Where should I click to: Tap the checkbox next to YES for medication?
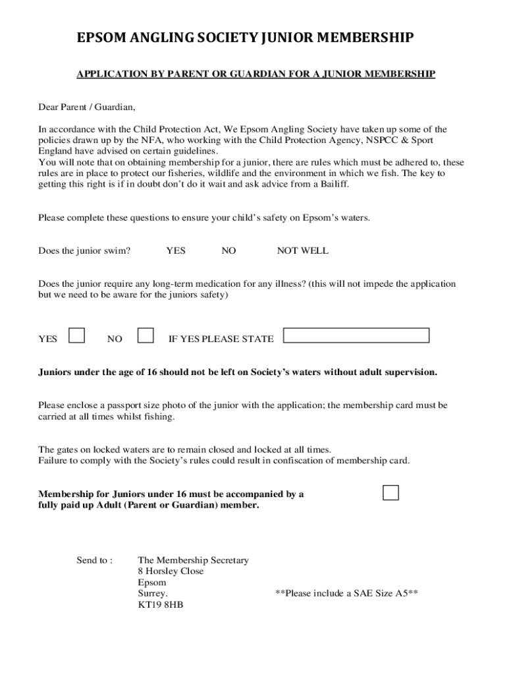77,336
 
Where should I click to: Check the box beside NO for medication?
146,336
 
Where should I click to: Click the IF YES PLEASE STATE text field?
356,336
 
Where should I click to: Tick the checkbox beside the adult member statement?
391,492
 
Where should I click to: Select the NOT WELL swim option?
302,250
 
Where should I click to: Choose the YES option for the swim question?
176,250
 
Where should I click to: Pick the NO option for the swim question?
228,250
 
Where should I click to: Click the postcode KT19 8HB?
161,604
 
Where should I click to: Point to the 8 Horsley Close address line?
171,571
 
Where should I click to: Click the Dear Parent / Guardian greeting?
86,107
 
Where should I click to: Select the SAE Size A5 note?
346,593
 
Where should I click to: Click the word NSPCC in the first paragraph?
377,140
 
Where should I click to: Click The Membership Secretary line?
193,560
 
